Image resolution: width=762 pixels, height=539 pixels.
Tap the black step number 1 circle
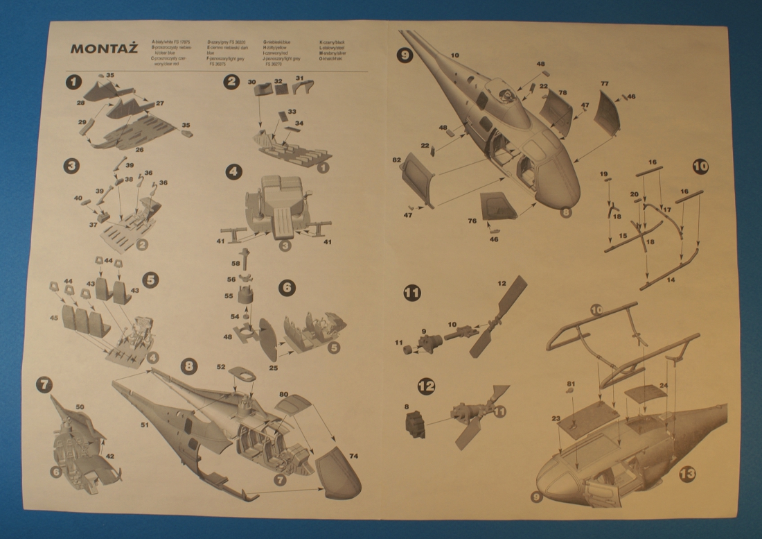coord(71,81)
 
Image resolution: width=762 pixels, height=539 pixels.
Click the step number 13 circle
coord(687,474)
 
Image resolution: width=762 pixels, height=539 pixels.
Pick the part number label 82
coord(397,160)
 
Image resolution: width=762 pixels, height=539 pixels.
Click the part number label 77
coord(605,84)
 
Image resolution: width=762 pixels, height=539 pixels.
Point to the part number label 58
coord(236,264)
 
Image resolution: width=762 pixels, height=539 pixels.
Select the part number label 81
coord(571,383)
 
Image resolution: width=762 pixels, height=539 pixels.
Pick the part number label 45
coord(53,318)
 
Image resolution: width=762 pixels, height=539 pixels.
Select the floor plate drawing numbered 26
coord(139,132)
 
